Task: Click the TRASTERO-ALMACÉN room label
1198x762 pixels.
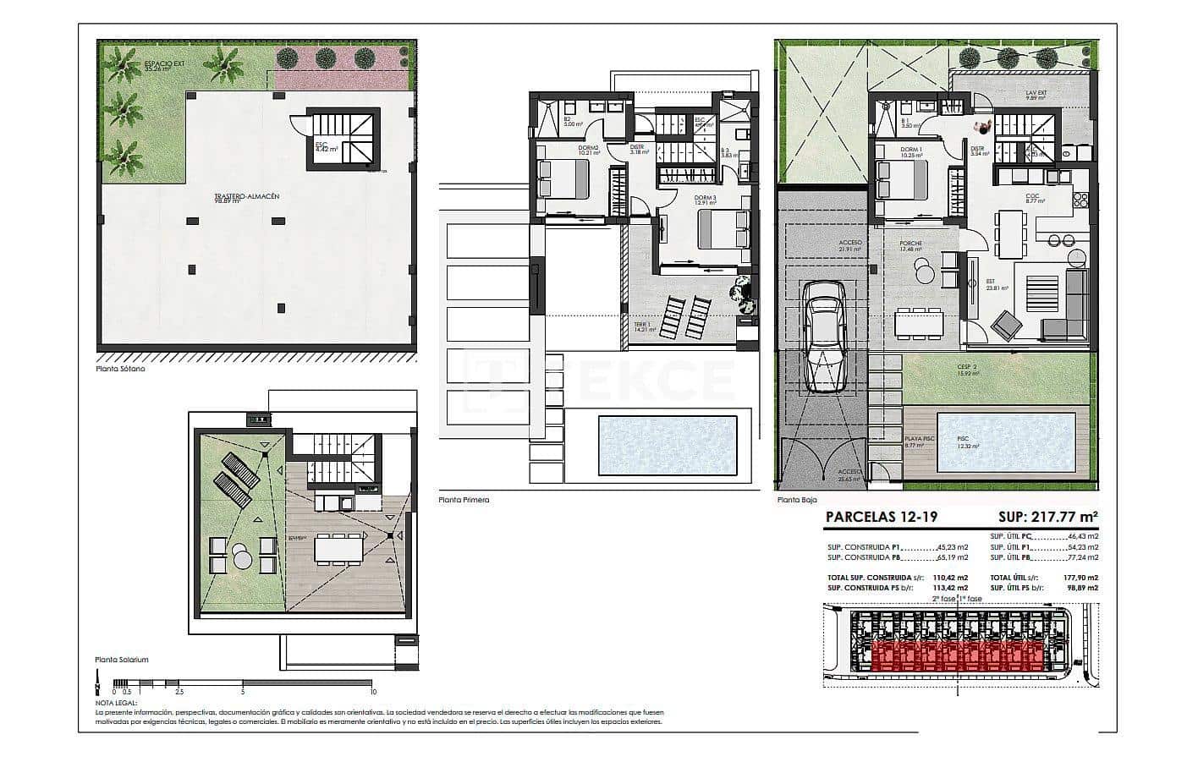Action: (246, 197)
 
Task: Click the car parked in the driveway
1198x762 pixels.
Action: (824, 336)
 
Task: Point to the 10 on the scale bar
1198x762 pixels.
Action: (373, 691)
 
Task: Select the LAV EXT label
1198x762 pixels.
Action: (1036, 95)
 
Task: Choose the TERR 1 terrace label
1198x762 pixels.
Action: (644, 326)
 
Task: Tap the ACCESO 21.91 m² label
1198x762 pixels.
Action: (849, 245)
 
